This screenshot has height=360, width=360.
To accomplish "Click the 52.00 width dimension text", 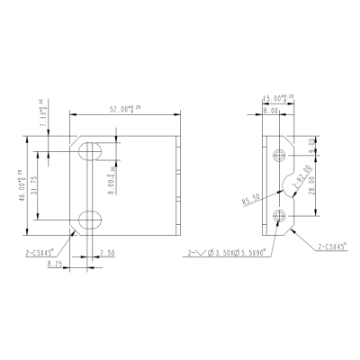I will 125,109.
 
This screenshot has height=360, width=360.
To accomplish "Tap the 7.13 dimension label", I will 56,118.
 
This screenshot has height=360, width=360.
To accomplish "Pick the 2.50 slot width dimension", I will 107,255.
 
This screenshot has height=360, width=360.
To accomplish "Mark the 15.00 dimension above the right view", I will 274,100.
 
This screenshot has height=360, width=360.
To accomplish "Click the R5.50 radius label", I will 251,199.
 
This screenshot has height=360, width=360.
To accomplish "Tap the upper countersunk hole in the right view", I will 280,157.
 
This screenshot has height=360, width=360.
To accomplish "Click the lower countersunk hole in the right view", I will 280,214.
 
